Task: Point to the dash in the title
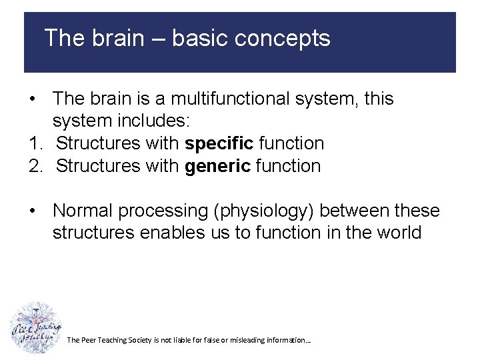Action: pos(157,38)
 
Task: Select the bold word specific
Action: pos(219,143)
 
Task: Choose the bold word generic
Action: pos(217,165)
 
